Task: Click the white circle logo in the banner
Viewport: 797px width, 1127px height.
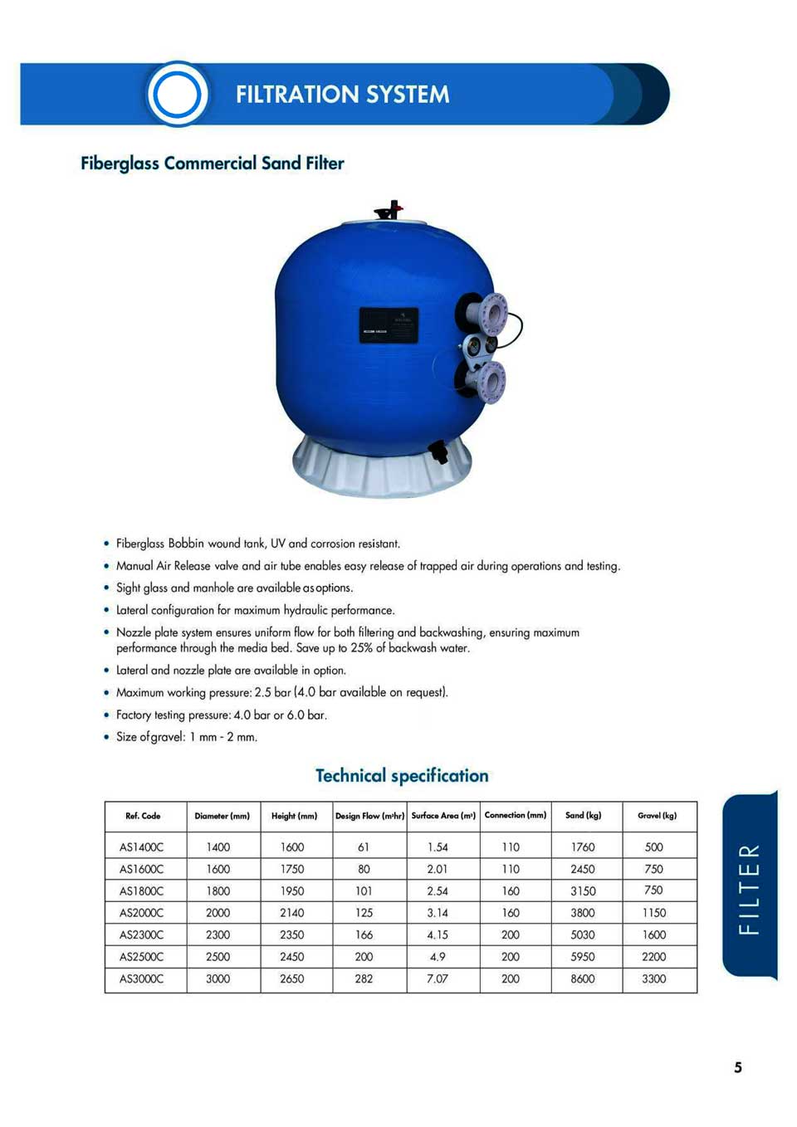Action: point(177,94)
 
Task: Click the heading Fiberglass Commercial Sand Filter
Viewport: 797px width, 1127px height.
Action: point(212,163)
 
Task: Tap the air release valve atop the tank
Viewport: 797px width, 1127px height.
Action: point(389,209)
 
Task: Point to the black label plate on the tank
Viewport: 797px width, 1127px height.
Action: point(389,325)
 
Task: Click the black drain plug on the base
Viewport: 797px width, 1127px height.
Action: point(438,452)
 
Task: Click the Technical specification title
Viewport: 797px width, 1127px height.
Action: point(402,776)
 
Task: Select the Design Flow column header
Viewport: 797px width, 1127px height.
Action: point(369,816)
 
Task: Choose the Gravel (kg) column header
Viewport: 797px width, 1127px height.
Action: point(657,816)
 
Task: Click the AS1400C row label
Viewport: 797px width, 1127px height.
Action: point(142,847)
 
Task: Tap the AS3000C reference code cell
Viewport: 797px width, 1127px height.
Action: point(142,979)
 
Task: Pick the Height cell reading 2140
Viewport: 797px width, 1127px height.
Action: point(292,913)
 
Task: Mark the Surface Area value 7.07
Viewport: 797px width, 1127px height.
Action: point(438,979)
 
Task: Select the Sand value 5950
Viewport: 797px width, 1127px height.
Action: point(583,957)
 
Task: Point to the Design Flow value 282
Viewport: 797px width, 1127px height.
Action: point(364,979)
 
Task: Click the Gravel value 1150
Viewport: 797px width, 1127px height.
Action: point(654,913)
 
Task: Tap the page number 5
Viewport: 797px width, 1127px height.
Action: point(738,1068)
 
